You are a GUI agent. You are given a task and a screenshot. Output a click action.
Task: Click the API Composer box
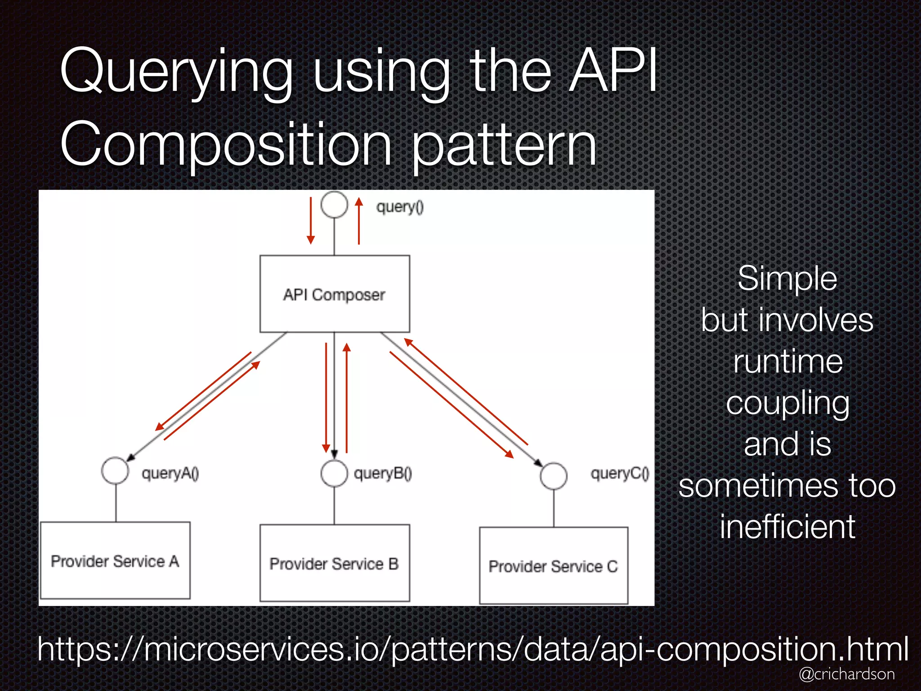pyautogui.click(x=335, y=294)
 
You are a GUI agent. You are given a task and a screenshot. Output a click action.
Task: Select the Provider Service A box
pyautogui.click(x=115, y=560)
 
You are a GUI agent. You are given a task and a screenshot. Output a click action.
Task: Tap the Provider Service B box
pyautogui.click(x=335, y=563)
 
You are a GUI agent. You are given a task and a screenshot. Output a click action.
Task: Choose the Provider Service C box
pyautogui.click(x=554, y=565)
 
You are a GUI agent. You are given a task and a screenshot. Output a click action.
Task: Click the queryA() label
pyautogui.click(x=170, y=473)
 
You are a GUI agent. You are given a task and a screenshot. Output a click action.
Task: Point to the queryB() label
pyautogui.click(x=383, y=473)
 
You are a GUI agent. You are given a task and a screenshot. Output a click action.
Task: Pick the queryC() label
pyautogui.click(x=620, y=473)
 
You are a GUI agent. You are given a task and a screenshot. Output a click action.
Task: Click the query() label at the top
pyautogui.click(x=400, y=207)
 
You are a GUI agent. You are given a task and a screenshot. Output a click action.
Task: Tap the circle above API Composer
pyautogui.click(x=334, y=205)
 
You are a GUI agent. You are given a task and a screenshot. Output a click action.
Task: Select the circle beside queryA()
pyautogui.click(x=115, y=471)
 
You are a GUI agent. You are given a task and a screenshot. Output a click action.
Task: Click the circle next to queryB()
pyautogui.click(x=334, y=473)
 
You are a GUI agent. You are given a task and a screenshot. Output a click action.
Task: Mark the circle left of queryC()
pyautogui.click(x=554, y=476)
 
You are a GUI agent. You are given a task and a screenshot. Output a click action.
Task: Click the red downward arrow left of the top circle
pyautogui.click(x=310, y=220)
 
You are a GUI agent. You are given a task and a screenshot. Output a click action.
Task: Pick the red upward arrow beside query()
pyautogui.click(x=358, y=220)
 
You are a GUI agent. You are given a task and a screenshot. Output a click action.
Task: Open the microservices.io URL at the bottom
pyautogui.click(x=472, y=649)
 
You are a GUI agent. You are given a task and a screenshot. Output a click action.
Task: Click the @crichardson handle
pyautogui.click(x=846, y=673)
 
